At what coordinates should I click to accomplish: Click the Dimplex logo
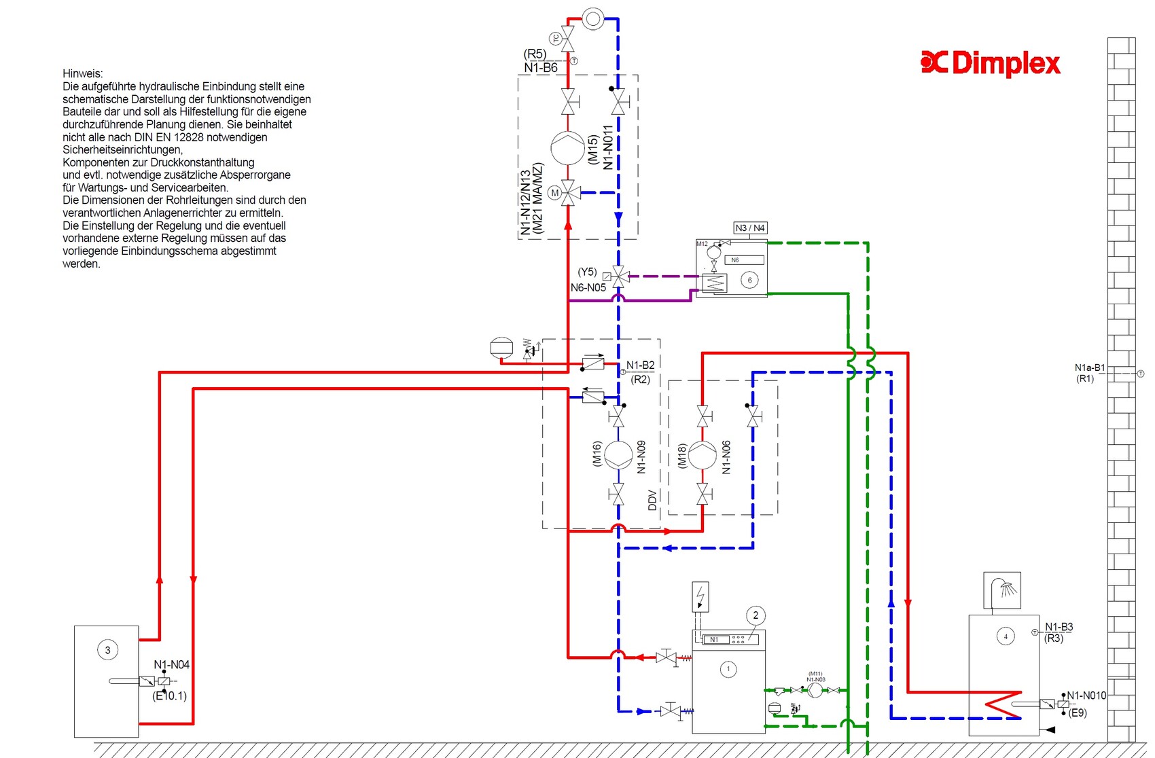991,63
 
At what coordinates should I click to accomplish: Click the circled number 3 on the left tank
107,650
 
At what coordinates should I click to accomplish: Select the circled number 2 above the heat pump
756,615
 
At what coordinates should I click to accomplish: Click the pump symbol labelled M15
567,148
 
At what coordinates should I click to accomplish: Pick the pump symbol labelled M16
618,455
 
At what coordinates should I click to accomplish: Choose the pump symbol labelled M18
703,455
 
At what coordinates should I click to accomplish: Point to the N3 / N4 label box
750,228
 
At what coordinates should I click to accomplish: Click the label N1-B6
541,68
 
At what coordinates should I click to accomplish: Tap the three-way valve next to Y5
619,276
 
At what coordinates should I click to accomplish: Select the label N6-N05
588,288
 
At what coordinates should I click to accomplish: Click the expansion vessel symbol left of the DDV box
501,348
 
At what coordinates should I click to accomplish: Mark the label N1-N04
171,665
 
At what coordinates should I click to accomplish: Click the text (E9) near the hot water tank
1078,712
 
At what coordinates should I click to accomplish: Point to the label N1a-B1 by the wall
1089,367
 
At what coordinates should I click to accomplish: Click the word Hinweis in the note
83,73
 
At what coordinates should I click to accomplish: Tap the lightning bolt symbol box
700,597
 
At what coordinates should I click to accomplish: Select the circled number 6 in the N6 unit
749,280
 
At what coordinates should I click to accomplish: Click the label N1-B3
1059,627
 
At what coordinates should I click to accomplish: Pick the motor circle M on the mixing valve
554,193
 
